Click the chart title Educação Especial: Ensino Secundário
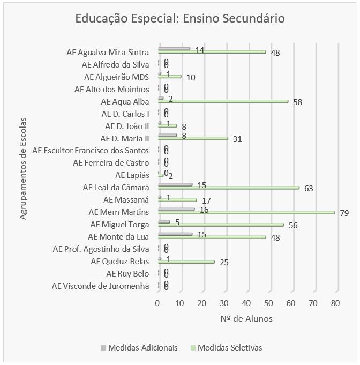[180, 19]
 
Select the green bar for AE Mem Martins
[246, 213]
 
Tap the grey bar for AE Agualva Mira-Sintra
[174, 49]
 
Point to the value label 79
[344, 213]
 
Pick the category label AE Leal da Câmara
[116, 188]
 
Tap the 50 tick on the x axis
[269, 303]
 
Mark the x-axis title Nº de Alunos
[246, 319]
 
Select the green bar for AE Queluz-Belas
[186, 262]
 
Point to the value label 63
[308, 189]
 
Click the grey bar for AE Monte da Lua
[175, 234]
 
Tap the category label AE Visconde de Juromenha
[100, 286]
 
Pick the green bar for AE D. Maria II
[193, 138]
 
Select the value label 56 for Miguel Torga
[292, 226]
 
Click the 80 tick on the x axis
[335, 303]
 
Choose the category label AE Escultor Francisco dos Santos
[91, 151]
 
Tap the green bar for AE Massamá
[177, 200]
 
